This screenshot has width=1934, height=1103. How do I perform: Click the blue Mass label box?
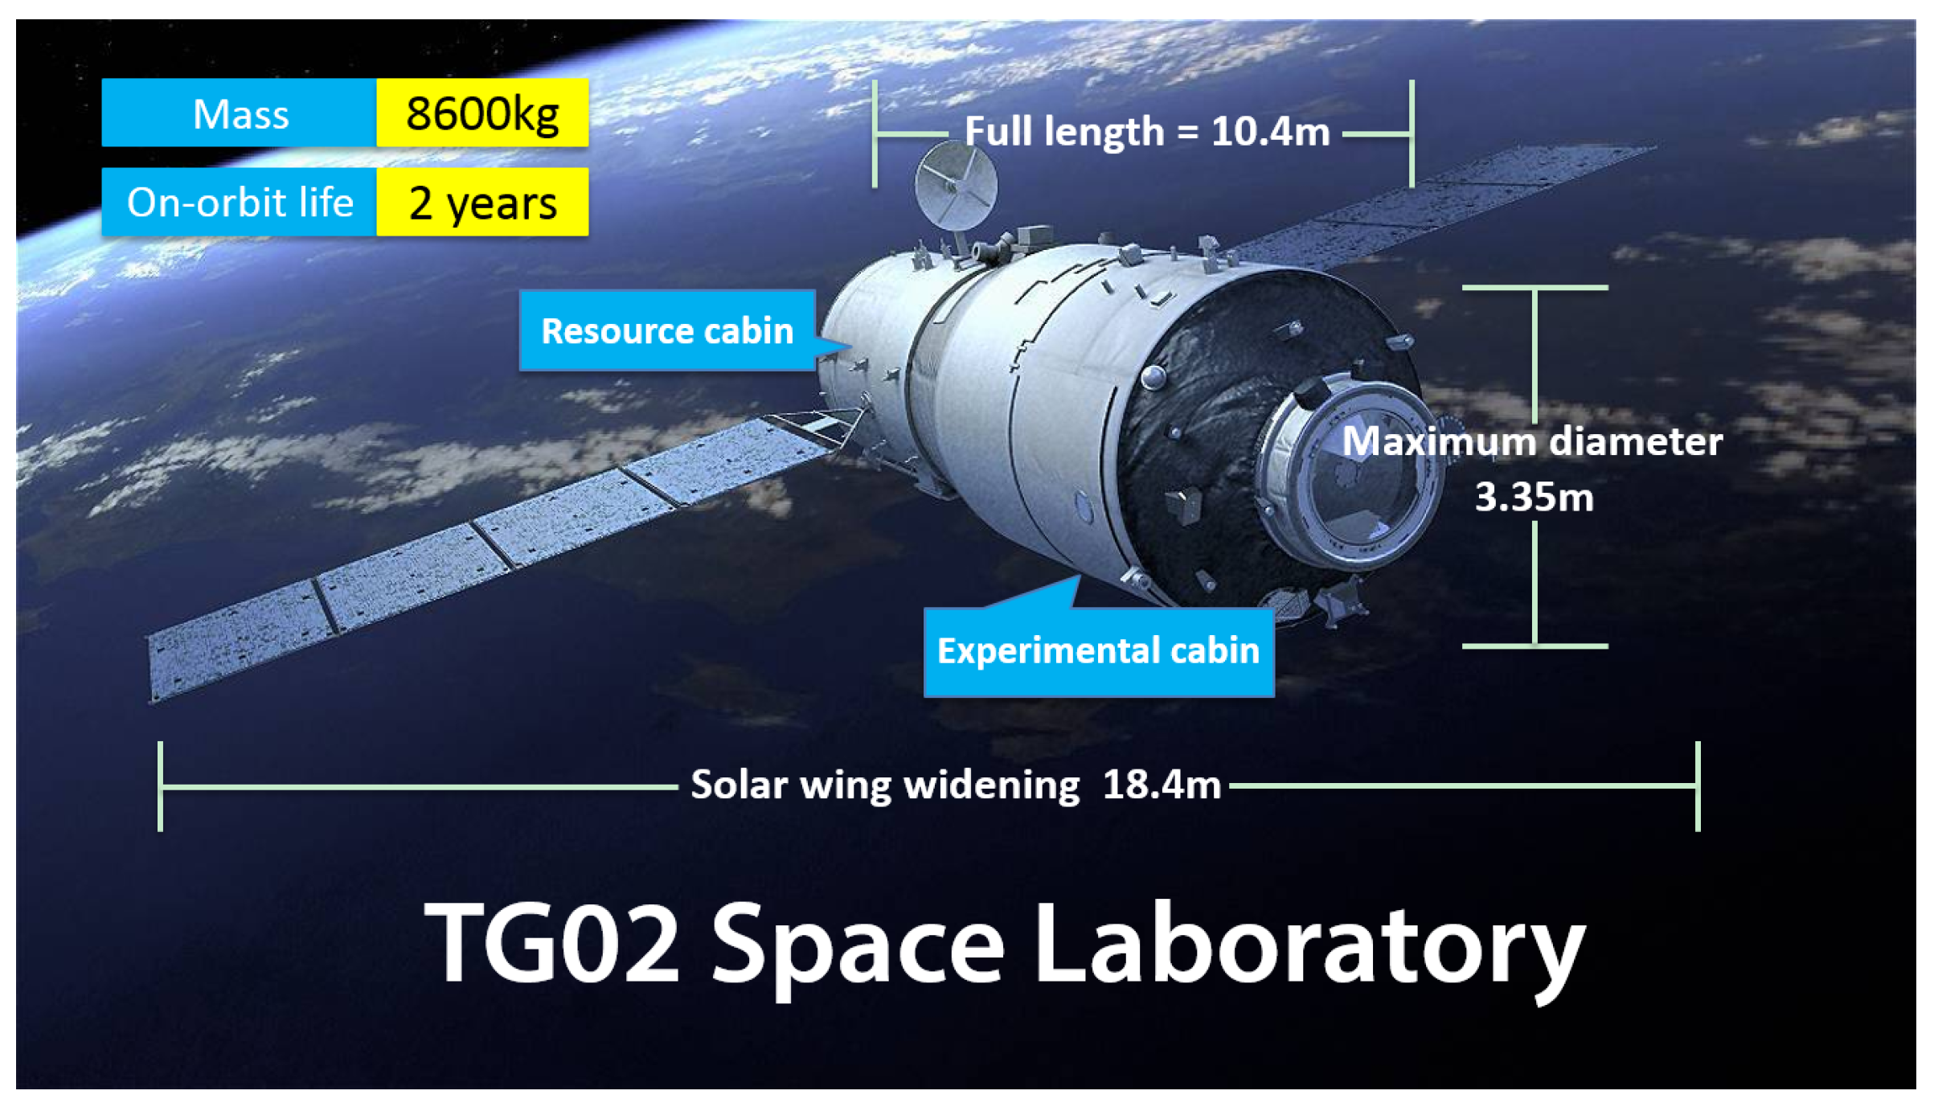click(x=240, y=113)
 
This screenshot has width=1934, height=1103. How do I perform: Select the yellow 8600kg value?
click(x=482, y=113)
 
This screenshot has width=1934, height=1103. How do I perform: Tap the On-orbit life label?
click(x=240, y=203)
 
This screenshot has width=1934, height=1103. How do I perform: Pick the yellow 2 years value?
click(x=482, y=203)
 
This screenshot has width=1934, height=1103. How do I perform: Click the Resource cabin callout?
click(x=667, y=331)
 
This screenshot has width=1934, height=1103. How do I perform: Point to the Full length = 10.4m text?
click(x=1147, y=132)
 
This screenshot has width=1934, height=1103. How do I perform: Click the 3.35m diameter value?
click(x=1534, y=498)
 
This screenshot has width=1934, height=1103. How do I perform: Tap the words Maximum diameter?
click(x=1532, y=442)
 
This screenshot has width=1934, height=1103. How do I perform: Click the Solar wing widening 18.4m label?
click(x=956, y=785)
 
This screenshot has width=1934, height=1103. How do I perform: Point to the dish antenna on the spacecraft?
click(x=956, y=187)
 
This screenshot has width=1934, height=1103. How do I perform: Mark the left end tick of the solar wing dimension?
click(x=161, y=786)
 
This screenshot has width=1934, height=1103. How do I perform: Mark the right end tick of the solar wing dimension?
click(x=1698, y=786)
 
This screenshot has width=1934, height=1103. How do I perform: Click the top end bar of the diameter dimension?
click(x=1534, y=288)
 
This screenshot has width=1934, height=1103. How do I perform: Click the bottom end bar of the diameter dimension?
click(x=1534, y=646)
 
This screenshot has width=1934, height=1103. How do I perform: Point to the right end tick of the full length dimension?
click(x=1412, y=133)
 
